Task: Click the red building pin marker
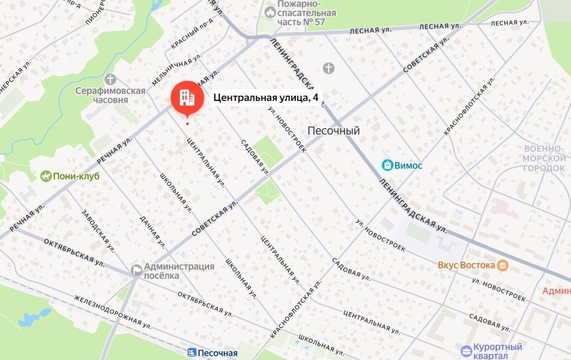pos(187,97)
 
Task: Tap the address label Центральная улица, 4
pos(266,98)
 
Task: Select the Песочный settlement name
pos(333,131)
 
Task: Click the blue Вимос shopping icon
pos(387,165)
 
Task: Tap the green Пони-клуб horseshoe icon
pos(46,176)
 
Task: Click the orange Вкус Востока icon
pos(502,265)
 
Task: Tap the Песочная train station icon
pos(191,352)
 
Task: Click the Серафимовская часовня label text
pos(110,95)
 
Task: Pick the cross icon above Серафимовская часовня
pos(110,79)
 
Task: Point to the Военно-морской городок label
pos(544,158)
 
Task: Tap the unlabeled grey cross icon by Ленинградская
pos(329,69)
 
